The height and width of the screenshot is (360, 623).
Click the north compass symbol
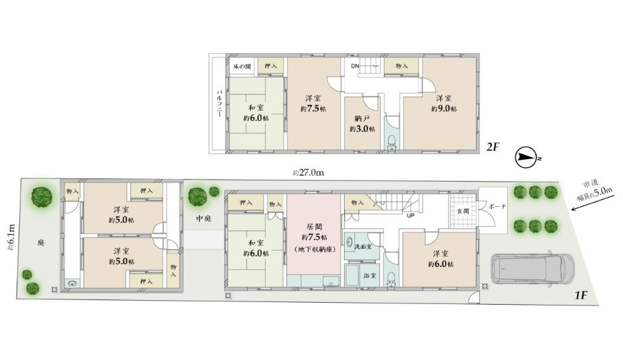tap(526, 158)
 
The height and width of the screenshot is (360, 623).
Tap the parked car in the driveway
tap(528, 269)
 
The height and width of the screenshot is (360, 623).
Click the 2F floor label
tap(493, 148)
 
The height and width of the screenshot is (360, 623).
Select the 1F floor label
tap(581, 295)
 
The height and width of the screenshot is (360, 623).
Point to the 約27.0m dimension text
tap(308, 173)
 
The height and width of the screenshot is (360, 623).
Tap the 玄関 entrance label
tap(463, 211)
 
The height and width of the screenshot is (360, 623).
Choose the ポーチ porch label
tap(497, 207)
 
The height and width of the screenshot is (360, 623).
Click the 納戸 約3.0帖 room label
tap(362, 124)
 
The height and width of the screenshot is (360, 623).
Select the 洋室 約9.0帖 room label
tap(444, 103)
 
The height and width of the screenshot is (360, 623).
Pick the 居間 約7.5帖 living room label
tap(314, 238)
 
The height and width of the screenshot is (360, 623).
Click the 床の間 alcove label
tap(242, 67)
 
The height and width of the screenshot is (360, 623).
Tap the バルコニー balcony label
tap(219, 103)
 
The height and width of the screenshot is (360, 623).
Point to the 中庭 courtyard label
tap(204, 218)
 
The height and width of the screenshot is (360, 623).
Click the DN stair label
tap(355, 66)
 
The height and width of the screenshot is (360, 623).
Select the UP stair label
tap(411, 216)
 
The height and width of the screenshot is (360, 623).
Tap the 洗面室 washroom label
tap(363, 246)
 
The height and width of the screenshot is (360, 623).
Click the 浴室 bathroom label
tap(370, 275)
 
